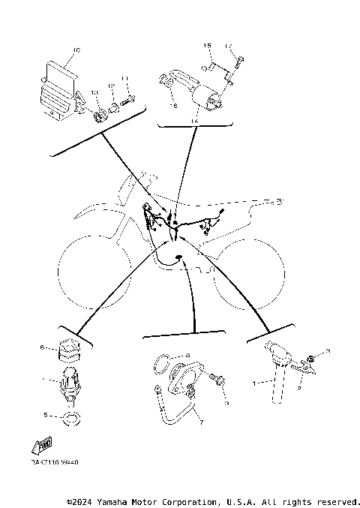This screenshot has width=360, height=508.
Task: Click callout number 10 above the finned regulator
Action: coord(76,51)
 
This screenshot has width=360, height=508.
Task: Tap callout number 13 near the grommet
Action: coord(94,92)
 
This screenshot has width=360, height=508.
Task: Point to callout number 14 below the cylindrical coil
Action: coord(194,120)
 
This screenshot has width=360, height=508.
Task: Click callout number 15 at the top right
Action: coord(208,47)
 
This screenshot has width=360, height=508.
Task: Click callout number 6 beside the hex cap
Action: coord(43,347)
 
